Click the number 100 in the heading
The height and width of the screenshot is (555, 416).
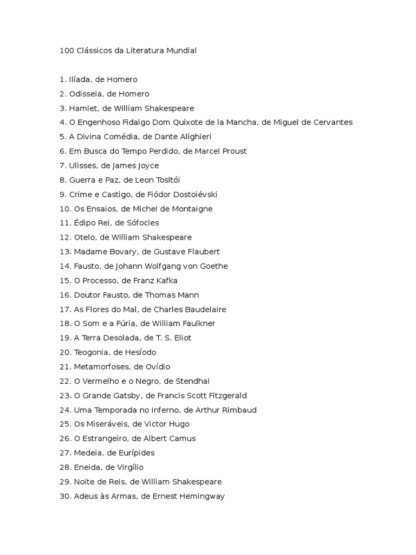(x=66, y=51)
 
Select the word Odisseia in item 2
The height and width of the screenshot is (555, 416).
(x=86, y=94)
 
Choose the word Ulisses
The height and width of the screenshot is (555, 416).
(x=82, y=165)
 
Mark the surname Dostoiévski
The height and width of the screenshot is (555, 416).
(x=192, y=194)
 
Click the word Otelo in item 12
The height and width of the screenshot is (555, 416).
(x=84, y=237)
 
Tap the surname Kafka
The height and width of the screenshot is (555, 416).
(x=166, y=281)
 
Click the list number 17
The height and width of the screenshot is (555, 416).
(x=65, y=309)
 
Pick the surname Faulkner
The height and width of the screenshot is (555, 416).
(x=197, y=324)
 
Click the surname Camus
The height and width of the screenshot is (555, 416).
(x=184, y=438)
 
